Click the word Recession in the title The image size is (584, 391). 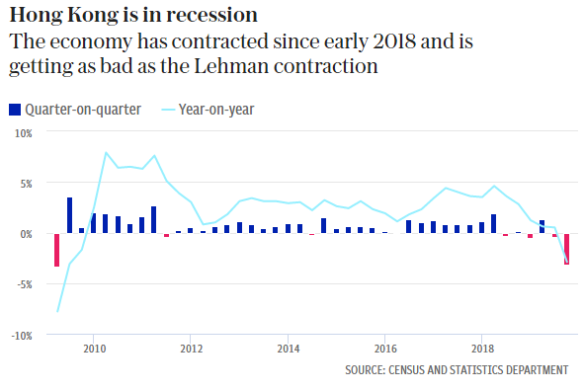tap(211, 15)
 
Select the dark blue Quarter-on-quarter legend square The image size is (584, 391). tap(15, 110)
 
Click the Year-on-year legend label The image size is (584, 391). tap(216, 110)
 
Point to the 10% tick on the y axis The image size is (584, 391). tap(24, 133)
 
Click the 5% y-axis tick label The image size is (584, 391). tap(26, 184)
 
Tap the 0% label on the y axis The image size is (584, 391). tap(26, 234)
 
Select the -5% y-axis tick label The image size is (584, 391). tap(25, 285)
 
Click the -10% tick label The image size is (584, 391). tap(22, 336)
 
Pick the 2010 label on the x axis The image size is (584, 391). tap(94, 349)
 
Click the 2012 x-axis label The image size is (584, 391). tap(192, 349)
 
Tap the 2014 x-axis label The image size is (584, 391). tap(289, 349)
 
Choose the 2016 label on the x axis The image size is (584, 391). tap(385, 349)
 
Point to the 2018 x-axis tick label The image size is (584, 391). tap(482, 349)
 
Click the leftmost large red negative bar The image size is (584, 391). tap(57, 250)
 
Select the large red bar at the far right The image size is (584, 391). tap(566, 249)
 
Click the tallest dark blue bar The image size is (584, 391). tap(69, 215)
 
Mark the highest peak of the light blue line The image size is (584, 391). tap(106, 152)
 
